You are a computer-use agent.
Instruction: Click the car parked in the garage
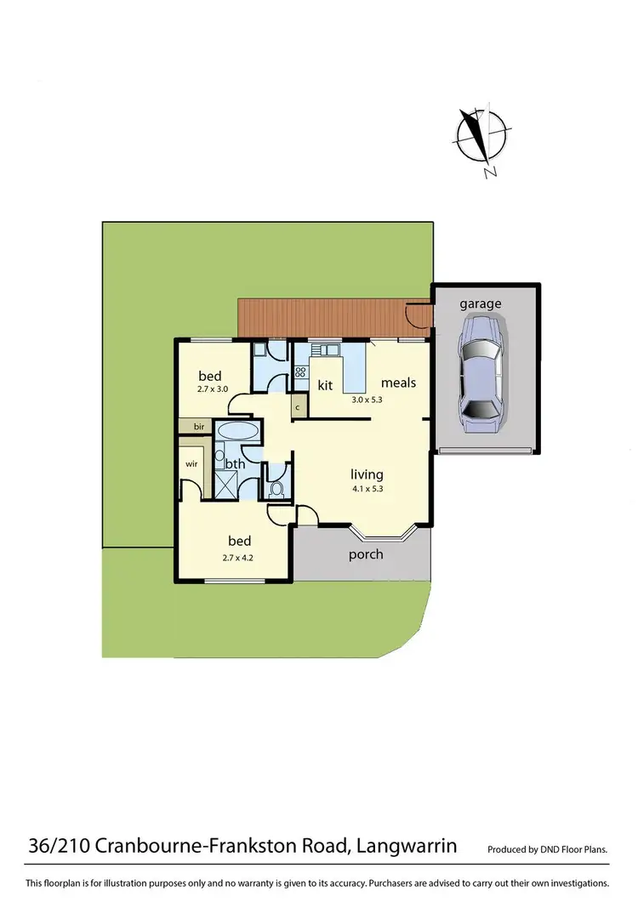tap(481, 370)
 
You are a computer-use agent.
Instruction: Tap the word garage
tap(481, 304)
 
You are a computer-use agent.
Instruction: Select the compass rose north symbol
tap(481, 139)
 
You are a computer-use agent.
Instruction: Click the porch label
tap(366, 554)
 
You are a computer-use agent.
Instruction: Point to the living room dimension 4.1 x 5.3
tap(366, 489)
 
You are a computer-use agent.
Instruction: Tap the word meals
tap(398, 383)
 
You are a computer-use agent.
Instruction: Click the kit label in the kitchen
tap(325, 385)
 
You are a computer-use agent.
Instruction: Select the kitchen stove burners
tap(300, 371)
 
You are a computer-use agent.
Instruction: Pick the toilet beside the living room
tap(276, 490)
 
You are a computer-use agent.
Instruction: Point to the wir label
tap(191, 464)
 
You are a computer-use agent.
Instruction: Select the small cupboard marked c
tap(298, 407)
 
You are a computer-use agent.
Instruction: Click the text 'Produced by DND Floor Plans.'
tap(548, 849)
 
